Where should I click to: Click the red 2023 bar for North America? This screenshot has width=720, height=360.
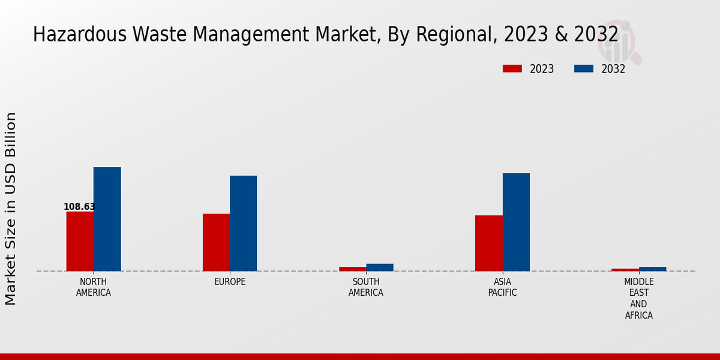[80, 241]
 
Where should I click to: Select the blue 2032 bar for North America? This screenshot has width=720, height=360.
[107, 219]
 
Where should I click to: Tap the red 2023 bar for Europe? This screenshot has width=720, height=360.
[216, 242]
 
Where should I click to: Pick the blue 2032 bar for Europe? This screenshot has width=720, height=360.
[243, 223]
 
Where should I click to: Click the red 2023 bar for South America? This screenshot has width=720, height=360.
[352, 269]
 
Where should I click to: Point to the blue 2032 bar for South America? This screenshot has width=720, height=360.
[380, 268]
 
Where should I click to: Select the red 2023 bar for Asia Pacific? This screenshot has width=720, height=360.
[489, 243]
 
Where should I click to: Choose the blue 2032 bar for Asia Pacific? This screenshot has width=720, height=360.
[516, 222]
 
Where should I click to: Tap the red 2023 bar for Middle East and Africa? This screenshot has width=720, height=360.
[625, 270]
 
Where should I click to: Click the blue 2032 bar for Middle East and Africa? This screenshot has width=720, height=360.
[653, 269]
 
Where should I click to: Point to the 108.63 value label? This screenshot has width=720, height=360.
[79, 207]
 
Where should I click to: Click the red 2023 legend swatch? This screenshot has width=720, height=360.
[512, 69]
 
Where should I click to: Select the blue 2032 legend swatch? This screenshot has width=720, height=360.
[584, 69]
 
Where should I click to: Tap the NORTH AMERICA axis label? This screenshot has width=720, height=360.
[94, 287]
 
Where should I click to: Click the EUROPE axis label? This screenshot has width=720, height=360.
[230, 282]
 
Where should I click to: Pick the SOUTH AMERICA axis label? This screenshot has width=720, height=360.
[366, 287]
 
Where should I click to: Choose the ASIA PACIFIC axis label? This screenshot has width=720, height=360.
[503, 287]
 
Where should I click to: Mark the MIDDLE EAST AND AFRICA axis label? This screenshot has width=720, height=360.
[639, 298]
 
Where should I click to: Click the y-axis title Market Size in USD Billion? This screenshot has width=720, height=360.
[11, 208]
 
